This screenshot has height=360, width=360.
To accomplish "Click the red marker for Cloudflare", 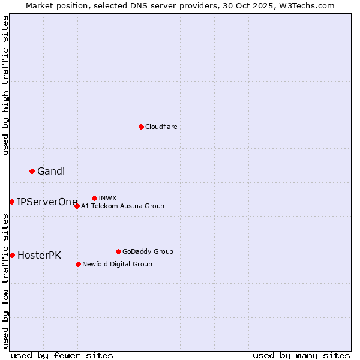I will [x=141, y=127].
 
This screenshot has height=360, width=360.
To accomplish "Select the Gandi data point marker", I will [x=32, y=171].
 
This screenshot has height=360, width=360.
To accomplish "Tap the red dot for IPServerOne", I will [x=11, y=202].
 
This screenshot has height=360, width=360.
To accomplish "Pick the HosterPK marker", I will [x=12, y=255].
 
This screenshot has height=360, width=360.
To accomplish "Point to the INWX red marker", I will [x=94, y=198].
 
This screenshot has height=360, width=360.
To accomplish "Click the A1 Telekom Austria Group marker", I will [x=77, y=206].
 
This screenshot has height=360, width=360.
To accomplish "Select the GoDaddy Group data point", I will [x=118, y=251].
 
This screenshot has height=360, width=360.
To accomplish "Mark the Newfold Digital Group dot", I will [x=78, y=264].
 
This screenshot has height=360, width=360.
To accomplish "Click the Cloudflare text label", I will [x=161, y=127].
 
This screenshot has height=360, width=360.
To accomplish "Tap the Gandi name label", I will [x=51, y=172].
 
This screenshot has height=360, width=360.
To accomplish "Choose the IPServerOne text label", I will [x=47, y=202].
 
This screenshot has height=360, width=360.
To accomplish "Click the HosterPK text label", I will [x=39, y=256].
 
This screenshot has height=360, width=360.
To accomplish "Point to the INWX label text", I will [x=107, y=198].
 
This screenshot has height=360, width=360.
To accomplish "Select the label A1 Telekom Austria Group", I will [x=122, y=206].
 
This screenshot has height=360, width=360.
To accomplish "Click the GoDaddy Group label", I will [x=148, y=251].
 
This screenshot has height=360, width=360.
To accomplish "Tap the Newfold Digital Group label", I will [x=117, y=264].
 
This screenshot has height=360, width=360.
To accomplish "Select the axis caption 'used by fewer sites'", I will [x=62, y=355].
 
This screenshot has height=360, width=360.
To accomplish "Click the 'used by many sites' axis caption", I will [x=301, y=355].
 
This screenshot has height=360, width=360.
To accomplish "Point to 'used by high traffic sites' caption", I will [x=5, y=85].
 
